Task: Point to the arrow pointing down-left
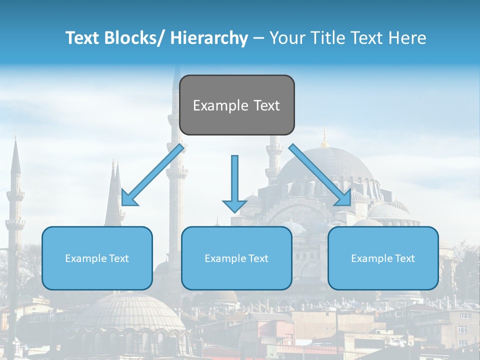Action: (x=153, y=175)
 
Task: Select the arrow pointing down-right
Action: (x=320, y=175)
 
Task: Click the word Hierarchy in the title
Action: (x=209, y=38)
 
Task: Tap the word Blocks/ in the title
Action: (x=134, y=38)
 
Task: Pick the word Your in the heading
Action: (x=286, y=38)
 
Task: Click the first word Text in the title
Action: (x=82, y=38)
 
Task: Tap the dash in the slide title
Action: (x=258, y=38)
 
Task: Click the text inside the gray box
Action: (x=236, y=105)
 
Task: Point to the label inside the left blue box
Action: (x=97, y=258)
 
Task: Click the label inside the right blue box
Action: (x=383, y=258)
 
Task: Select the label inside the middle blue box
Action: (x=236, y=258)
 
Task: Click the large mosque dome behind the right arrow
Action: (x=325, y=162)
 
